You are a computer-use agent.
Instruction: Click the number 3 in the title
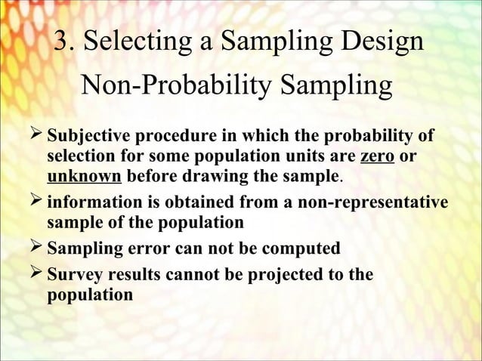point(63,42)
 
